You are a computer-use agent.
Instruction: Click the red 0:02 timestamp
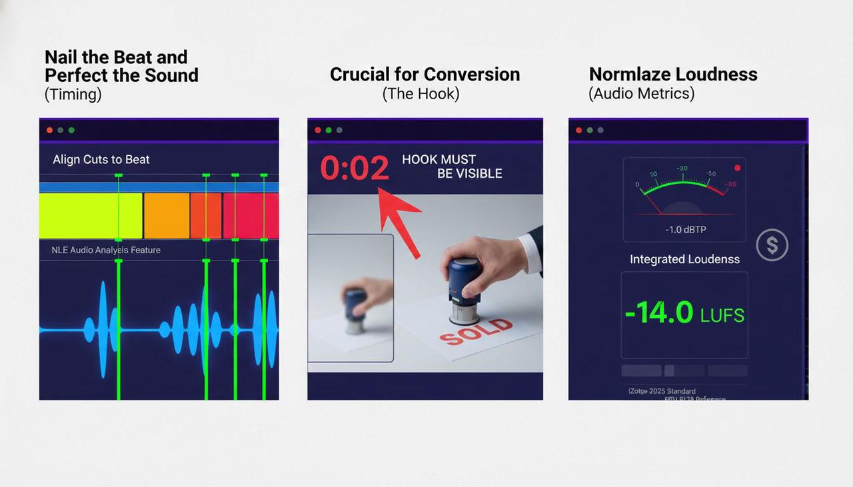click(355, 168)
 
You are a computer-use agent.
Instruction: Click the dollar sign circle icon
click(772, 245)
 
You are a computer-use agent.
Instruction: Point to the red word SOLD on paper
click(477, 331)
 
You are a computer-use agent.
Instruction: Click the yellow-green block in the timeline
click(91, 216)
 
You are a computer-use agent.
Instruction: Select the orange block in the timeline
click(167, 216)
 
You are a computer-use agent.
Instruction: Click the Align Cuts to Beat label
click(101, 159)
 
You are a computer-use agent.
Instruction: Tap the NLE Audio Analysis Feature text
click(106, 250)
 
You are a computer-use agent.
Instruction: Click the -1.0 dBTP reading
click(685, 229)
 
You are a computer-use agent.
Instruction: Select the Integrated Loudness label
click(684, 259)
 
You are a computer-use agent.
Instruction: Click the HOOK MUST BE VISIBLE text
click(452, 167)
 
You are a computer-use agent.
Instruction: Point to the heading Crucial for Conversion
click(425, 74)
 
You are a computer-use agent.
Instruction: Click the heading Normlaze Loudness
click(673, 74)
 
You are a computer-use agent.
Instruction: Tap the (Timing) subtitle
click(73, 94)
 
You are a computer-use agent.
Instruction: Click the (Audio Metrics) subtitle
click(641, 93)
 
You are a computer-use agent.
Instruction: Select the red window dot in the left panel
click(50, 130)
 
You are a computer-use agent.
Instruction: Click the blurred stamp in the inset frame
click(356, 310)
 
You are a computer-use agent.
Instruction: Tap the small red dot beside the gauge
click(737, 168)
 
